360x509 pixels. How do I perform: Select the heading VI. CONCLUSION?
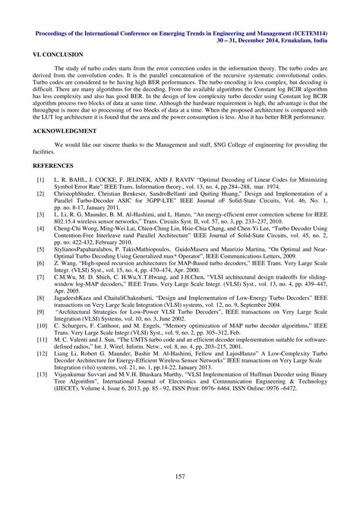tap(58, 57)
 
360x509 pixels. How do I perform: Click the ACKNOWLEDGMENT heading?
tap(64, 131)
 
